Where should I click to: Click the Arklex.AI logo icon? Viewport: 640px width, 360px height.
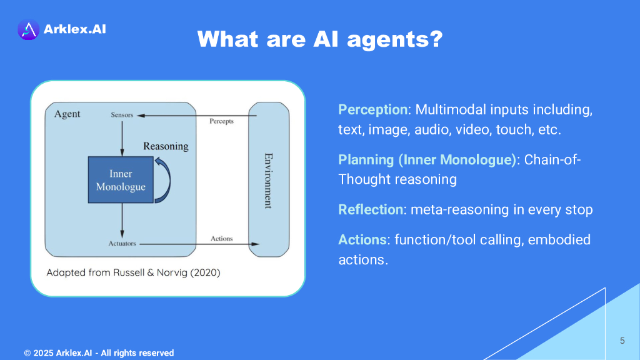tap(28, 29)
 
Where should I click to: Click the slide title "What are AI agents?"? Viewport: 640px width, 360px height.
tap(320, 39)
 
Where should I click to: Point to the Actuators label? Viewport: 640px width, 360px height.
tap(122, 243)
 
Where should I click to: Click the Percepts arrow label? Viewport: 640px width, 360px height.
tap(221, 121)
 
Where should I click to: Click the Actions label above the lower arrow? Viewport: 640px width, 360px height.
tap(221, 238)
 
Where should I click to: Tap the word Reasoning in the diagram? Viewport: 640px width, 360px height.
tap(166, 146)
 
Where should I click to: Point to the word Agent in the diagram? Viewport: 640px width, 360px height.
tap(67, 114)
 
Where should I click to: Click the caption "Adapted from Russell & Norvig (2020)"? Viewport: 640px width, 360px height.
tap(134, 273)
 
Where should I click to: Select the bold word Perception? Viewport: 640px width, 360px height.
tap(372, 110)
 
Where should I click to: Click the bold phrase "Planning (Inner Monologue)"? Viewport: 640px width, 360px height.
tap(427, 159)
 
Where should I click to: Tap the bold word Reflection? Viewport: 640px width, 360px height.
tap(371, 209)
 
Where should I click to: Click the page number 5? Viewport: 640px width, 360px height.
tap(622, 341)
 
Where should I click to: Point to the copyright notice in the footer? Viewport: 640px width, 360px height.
tap(99, 353)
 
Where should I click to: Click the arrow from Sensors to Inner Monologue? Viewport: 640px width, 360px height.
tap(122, 137)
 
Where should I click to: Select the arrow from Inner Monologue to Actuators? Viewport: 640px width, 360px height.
tap(122, 220)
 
